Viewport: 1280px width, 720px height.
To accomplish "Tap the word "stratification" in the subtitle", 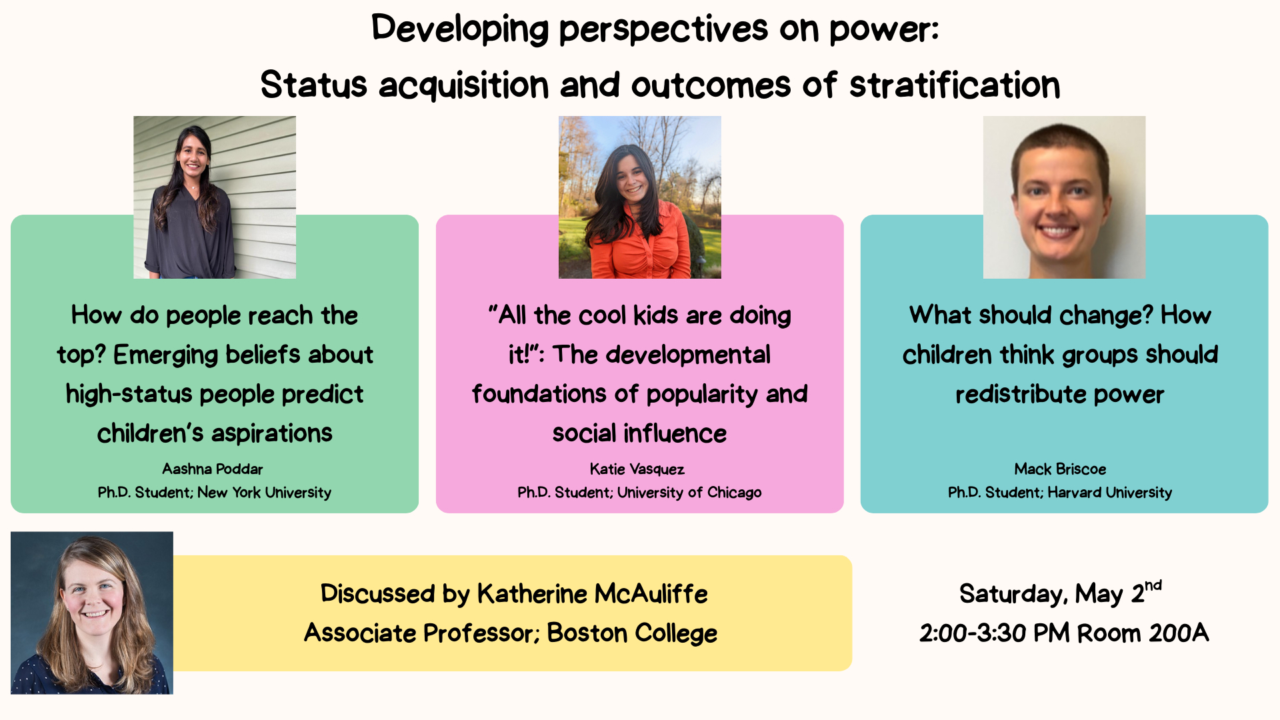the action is pos(955,85).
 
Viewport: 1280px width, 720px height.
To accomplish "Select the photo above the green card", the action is pos(215,197).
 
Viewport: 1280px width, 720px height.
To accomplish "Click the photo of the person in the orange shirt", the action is pos(640,197).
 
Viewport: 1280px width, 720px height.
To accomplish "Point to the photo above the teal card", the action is pos(1065,197).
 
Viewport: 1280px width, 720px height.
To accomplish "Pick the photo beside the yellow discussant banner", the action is pos(92,613).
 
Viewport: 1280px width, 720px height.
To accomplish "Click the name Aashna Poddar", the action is pos(213,469).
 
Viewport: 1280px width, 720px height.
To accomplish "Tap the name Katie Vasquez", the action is pos(637,469).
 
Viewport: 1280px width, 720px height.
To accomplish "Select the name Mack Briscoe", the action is pos(1060,469).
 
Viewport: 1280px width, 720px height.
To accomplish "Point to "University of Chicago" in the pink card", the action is pos(689,493).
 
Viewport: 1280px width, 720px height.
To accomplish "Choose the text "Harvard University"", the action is pos(1110,493).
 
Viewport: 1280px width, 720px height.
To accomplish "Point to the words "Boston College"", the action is pos(632,633).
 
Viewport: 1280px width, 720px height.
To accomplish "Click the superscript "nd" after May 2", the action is pos(1153,585).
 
